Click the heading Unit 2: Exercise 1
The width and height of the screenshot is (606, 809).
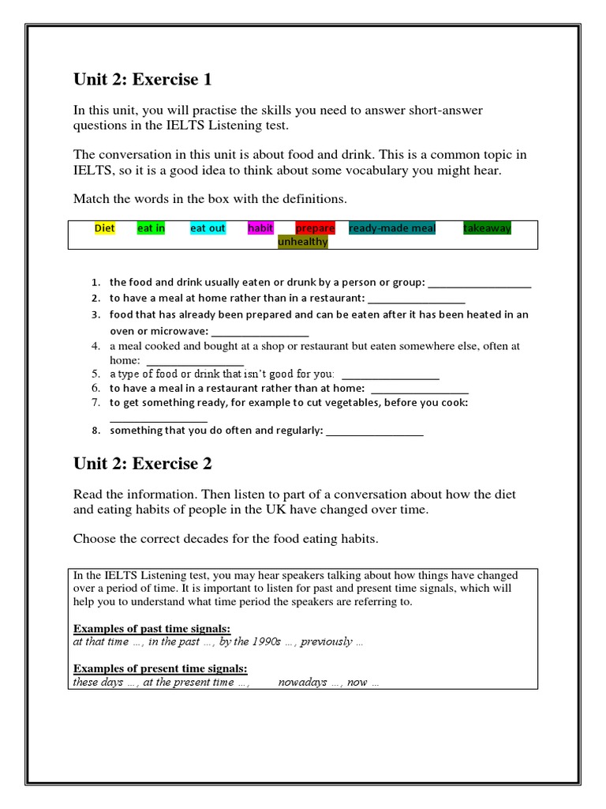point(142,80)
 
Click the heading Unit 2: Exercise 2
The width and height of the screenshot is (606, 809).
point(142,464)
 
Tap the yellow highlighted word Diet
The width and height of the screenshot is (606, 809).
point(104,228)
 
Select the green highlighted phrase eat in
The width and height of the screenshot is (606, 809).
point(151,228)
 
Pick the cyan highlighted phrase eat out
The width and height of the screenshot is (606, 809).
point(208,228)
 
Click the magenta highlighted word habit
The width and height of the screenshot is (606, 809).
point(260,228)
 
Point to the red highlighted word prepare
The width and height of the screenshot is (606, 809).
point(315,228)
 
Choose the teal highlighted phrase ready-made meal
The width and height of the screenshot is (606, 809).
point(392,228)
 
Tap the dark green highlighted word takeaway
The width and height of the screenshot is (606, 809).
point(487,228)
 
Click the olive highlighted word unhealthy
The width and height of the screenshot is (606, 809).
point(302,243)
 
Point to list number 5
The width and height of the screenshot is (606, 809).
point(95,374)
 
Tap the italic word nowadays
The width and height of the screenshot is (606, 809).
point(302,683)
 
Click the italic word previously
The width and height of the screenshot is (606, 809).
point(326,642)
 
